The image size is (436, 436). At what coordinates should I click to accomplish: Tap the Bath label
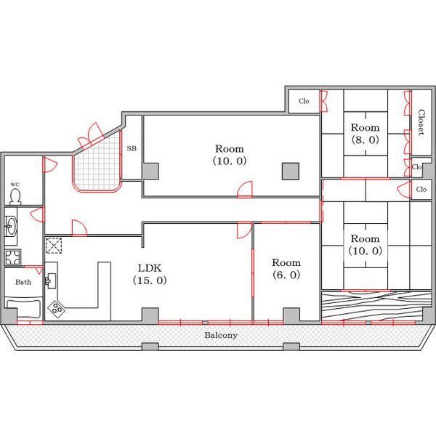click(x=23, y=282)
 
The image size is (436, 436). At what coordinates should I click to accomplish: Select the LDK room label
click(x=150, y=274)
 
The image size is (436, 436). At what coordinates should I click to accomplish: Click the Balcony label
click(x=221, y=335)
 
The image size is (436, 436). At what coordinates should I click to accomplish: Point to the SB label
click(x=132, y=148)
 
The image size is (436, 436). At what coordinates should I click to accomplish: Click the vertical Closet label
click(x=421, y=122)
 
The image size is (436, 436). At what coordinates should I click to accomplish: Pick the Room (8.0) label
click(x=365, y=134)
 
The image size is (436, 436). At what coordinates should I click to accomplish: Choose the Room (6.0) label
click(x=286, y=269)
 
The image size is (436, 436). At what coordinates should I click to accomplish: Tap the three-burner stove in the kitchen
click(x=56, y=309)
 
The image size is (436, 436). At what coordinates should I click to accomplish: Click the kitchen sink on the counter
click(x=51, y=280)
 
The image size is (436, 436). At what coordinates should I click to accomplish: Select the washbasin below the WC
click(x=11, y=226)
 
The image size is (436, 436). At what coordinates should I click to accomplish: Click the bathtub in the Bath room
click(x=24, y=308)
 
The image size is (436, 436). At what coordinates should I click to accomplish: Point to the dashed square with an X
click(x=54, y=246)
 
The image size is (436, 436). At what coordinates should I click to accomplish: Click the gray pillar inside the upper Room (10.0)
click(x=291, y=171)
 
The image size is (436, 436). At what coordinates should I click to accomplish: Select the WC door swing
click(x=50, y=165)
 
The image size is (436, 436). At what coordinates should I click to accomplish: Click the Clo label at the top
click(x=304, y=101)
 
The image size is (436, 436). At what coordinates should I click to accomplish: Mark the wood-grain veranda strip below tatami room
click(x=376, y=305)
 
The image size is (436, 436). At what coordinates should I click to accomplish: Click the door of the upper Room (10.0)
click(x=245, y=190)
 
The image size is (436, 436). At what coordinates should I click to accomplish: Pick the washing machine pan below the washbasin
click(x=12, y=257)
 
